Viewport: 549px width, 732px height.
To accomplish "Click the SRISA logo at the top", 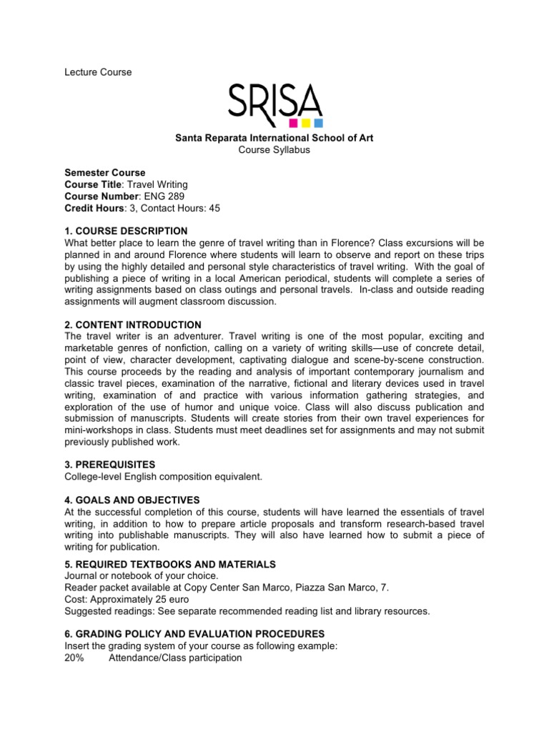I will tap(275, 102).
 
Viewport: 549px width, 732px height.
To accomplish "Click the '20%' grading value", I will tap(74, 658).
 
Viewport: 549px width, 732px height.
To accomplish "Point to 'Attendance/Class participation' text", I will tap(175, 658).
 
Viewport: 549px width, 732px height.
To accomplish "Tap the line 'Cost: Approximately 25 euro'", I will tap(132, 599).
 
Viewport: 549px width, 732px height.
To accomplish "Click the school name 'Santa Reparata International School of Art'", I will tap(274, 137).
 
